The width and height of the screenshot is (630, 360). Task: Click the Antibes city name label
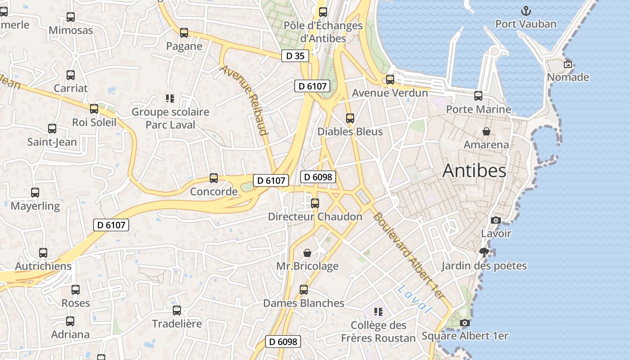coord(474,171)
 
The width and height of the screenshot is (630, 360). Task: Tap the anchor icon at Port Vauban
coord(526,11)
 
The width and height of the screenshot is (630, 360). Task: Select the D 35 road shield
coord(295,56)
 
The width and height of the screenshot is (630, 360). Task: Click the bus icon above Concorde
coord(214,178)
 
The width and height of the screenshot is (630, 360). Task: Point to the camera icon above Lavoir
coord(496,220)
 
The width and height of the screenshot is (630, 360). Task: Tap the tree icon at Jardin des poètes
coord(484,252)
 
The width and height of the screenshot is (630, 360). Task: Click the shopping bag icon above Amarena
coord(486,131)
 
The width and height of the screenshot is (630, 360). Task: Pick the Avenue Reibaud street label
coord(244,100)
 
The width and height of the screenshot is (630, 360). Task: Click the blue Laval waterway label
coord(414,299)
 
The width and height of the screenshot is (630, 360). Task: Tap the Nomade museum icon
coord(568,64)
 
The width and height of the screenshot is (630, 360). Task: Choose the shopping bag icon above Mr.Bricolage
coord(307,253)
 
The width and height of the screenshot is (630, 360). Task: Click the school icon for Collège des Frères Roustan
coord(378,311)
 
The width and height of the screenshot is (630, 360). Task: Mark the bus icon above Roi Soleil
coord(94,109)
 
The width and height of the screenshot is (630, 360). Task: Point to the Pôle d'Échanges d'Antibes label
coord(323,31)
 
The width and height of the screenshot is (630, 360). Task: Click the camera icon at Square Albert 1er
coord(465,323)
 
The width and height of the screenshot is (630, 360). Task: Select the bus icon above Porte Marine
coord(478,96)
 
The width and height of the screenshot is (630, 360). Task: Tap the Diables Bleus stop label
coord(350,132)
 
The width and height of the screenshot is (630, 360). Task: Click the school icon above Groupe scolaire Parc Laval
coord(170,98)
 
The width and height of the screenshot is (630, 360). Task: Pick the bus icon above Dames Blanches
coord(304,290)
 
